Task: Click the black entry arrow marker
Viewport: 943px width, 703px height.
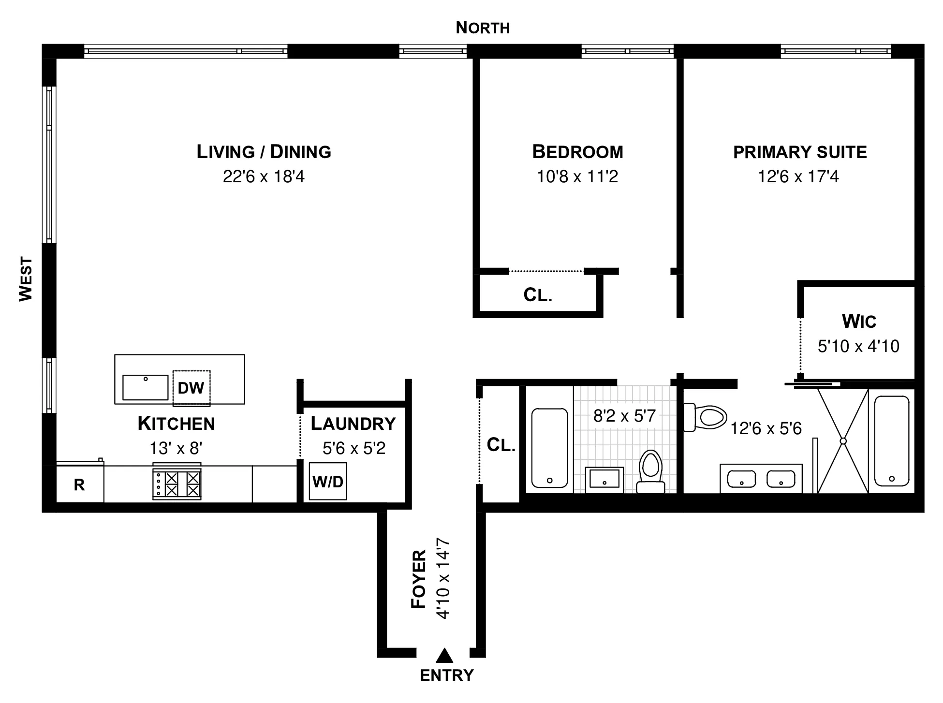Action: (x=444, y=656)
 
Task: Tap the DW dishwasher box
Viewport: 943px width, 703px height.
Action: (x=192, y=388)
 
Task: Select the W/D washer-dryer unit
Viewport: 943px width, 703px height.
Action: (x=328, y=482)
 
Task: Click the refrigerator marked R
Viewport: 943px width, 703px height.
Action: (x=80, y=484)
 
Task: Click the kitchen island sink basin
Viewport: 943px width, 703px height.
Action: (x=145, y=387)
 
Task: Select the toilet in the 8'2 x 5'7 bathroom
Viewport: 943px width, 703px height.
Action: (x=650, y=471)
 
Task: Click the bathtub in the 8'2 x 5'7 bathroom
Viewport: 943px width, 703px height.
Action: (x=549, y=447)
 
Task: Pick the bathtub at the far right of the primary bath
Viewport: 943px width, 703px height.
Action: (x=892, y=441)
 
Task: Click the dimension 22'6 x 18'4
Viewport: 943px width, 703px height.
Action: (x=264, y=176)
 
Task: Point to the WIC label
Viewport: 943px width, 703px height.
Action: (x=859, y=322)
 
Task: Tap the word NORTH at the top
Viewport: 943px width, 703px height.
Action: (x=483, y=28)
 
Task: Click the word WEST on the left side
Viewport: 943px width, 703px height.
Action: (x=26, y=279)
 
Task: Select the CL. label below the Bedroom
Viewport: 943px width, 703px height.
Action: (x=538, y=294)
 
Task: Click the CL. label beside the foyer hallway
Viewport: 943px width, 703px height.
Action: (x=501, y=445)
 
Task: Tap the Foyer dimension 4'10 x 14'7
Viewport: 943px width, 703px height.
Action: (x=443, y=578)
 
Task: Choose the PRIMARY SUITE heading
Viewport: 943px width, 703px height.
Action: (x=800, y=152)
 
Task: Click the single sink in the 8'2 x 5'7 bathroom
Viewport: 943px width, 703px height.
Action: (x=604, y=479)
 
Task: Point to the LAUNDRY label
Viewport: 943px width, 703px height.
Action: (x=353, y=424)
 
